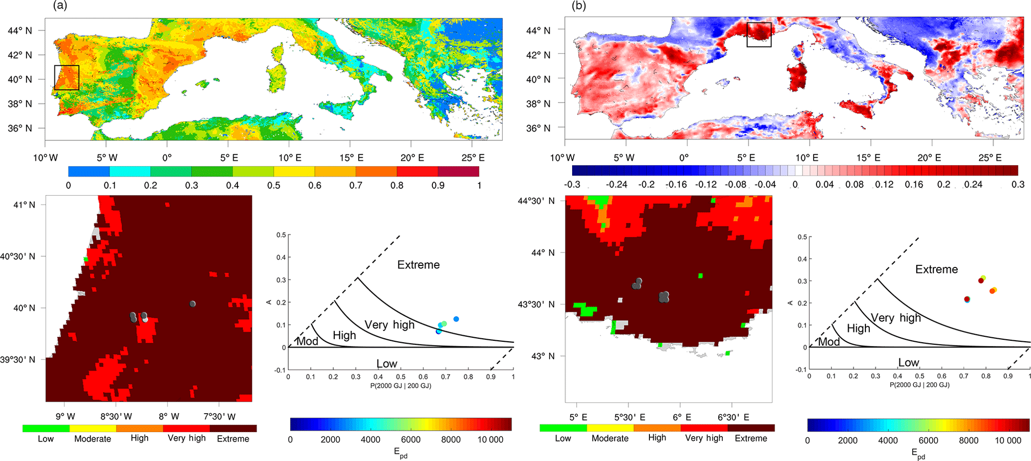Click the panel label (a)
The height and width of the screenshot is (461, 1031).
(59, 6)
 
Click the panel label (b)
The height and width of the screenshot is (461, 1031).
(579, 6)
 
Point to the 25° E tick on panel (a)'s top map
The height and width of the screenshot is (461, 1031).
(473, 158)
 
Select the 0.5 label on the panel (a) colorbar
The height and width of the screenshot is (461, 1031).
(273, 186)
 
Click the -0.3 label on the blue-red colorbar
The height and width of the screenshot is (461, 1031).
(572, 185)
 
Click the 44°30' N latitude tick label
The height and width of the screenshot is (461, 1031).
(536, 201)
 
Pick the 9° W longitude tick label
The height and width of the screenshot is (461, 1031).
(65, 417)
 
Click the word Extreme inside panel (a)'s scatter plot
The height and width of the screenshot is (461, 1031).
(418, 265)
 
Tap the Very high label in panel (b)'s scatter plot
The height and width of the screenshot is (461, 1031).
(896, 318)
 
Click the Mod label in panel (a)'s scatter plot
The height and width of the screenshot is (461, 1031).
(307, 342)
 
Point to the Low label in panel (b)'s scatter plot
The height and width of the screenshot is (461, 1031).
(908, 363)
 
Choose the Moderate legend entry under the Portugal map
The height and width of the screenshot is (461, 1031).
(93, 439)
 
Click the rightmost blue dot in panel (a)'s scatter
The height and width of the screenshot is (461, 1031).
(456, 319)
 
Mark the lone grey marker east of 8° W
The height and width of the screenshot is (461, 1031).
(193, 304)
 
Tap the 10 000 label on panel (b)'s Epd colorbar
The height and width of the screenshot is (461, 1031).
(1008, 440)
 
